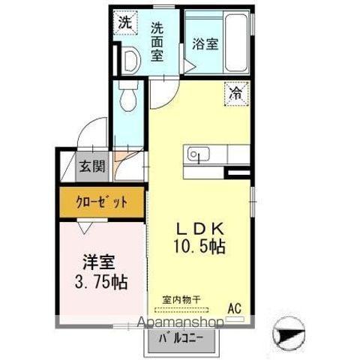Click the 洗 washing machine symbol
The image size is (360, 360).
pos(126,22)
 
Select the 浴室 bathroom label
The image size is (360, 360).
pos(204,43)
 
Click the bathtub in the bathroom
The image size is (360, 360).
pos(235,41)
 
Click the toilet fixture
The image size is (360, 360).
pos(126,95)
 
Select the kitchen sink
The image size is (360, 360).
pos(197,156)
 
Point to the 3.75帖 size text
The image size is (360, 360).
pos(101,282)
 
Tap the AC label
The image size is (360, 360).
pos(235,307)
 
